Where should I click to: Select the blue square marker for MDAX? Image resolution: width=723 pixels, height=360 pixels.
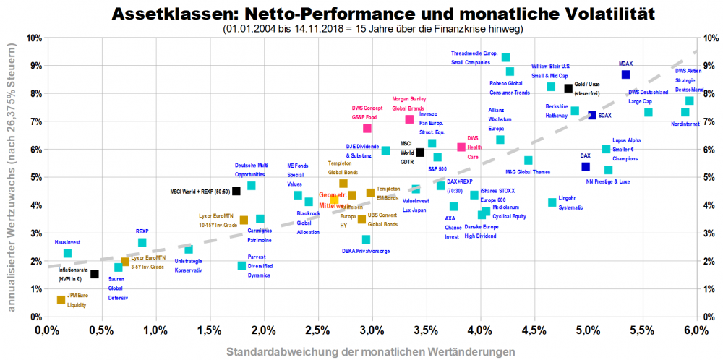pos(625,74)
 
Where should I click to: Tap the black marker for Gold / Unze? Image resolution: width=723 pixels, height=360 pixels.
pos(568,88)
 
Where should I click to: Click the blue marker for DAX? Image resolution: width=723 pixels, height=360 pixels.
pos(586,166)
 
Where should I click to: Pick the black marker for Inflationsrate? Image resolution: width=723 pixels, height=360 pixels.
pos(95,274)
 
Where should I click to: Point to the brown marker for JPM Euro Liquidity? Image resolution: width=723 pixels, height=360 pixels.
pos(61,299)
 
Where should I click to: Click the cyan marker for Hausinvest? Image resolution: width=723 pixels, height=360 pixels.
pos(67,253)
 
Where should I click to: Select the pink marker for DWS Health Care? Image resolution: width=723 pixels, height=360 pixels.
pos(461,147)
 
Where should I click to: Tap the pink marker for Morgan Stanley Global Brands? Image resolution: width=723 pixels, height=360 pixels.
pos(409,119)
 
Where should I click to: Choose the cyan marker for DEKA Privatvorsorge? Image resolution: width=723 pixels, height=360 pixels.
pos(366,239)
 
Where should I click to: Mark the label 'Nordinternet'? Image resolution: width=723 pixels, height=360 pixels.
pos(685,124)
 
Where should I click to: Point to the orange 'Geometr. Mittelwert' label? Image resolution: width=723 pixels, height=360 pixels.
pos(334,200)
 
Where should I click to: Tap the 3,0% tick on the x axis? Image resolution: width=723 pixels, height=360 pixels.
pos(372,330)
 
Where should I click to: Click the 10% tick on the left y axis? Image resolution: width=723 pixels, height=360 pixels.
pos(33,38)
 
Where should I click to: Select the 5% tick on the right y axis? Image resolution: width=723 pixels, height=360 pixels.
pos(709,177)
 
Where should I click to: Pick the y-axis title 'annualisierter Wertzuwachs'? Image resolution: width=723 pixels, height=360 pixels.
pos(11,177)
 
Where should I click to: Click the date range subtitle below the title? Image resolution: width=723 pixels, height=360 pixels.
pos(372,28)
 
